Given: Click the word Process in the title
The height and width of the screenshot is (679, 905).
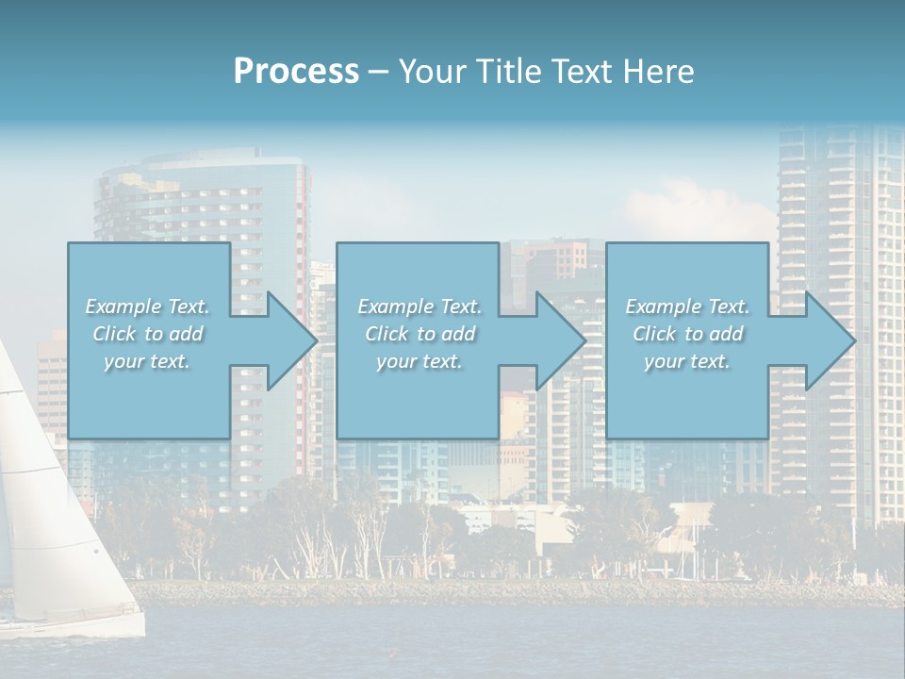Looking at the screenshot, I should click(x=296, y=72).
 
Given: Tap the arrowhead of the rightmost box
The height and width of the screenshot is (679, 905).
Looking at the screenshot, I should click(x=829, y=340).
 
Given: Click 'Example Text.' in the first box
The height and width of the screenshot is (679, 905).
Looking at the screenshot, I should click(x=147, y=306).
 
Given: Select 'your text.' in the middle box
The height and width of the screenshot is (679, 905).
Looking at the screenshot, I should click(x=419, y=361).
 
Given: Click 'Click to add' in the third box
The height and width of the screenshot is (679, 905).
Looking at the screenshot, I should click(x=688, y=334).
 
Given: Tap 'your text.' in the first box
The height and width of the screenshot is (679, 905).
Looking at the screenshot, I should click(x=147, y=361).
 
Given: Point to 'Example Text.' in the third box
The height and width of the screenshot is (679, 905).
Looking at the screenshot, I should click(x=687, y=306).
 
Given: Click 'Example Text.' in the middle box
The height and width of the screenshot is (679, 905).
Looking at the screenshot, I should click(x=420, y=306).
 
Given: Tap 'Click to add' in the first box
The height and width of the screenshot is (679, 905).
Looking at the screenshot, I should click(x=148, y=334).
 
